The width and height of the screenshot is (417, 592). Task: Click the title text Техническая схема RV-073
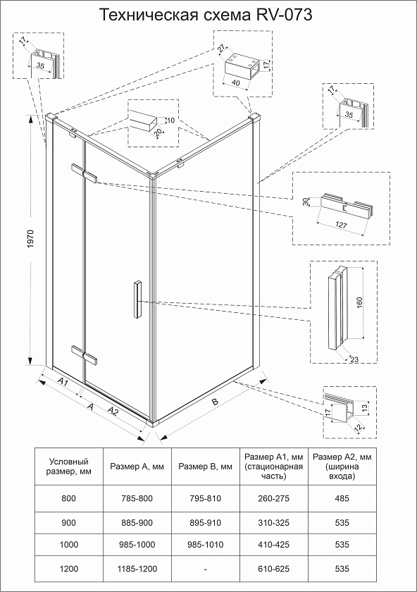[206, 15]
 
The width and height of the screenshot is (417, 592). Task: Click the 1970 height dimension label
[30, 239]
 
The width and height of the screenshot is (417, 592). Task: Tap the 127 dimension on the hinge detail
[341, 225]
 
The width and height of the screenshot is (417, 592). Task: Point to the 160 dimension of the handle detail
[359, 302]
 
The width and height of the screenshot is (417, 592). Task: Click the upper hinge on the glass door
[84, 173]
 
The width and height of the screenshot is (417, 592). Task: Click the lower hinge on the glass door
[84, 355]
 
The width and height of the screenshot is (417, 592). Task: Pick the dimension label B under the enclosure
[215, 401]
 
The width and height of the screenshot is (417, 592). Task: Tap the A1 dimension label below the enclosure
[63, 382]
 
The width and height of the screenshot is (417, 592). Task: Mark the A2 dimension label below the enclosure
[113, 411]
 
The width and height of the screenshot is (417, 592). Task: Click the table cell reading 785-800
[137, 498]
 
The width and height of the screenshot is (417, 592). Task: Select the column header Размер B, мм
[205, 467]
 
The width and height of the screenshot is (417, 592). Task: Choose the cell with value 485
[342, 498]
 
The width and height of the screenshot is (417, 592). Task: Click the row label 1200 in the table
[69, 569]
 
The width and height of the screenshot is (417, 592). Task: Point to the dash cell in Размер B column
[205, 569]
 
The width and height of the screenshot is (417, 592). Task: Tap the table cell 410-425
[273, 544]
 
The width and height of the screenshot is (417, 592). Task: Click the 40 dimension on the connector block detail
[236, 82]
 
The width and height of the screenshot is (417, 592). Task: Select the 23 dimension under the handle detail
[354, 359]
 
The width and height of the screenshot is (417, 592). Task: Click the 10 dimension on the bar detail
[170, 121]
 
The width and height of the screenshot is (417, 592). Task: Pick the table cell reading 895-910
[205, 523]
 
